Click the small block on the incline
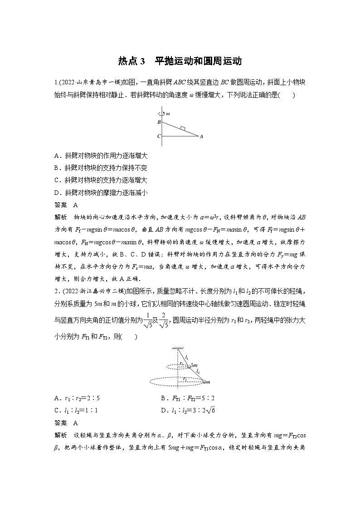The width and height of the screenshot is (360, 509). [x=182, y=129]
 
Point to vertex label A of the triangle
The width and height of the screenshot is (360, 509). [x=201, y=136]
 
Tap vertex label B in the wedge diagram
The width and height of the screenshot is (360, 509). [x=159, y=122]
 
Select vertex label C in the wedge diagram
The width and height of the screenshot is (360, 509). [x=159, y=136]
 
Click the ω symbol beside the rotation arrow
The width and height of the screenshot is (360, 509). [x=169, y=114]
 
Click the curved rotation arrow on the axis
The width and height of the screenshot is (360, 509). [x=162, y=114]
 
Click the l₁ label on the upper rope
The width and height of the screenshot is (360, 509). [x=187, y=357]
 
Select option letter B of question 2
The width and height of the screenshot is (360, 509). [x=163, y=398]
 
